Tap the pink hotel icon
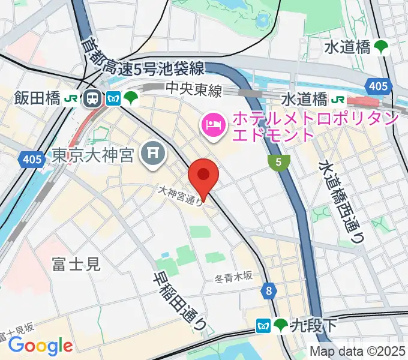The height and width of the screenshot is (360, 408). (x=214, y=124)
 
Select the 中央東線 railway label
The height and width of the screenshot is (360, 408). (x=194, y=89)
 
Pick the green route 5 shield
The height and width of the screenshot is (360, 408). (x=278, y=162)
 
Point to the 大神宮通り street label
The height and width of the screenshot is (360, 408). (x=181, y=196)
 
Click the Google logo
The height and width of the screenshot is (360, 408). (x=40, y=346)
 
